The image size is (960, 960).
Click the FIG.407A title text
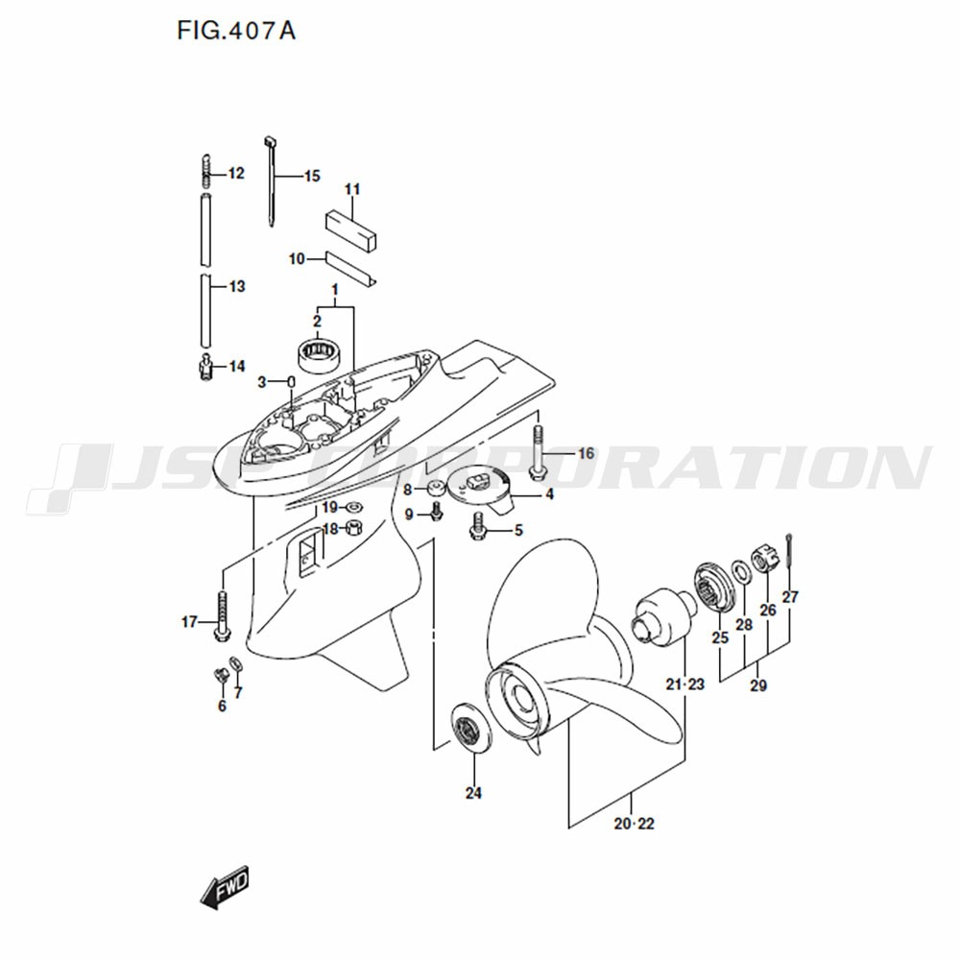(236, 30)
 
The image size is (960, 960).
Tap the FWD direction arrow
(225, 886)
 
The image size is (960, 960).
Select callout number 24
(473, 793)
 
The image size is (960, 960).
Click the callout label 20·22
(635, 824)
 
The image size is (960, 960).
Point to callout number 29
(758, 685)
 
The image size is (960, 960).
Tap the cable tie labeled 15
(271, 180)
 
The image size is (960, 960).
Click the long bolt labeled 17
(222, 616)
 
